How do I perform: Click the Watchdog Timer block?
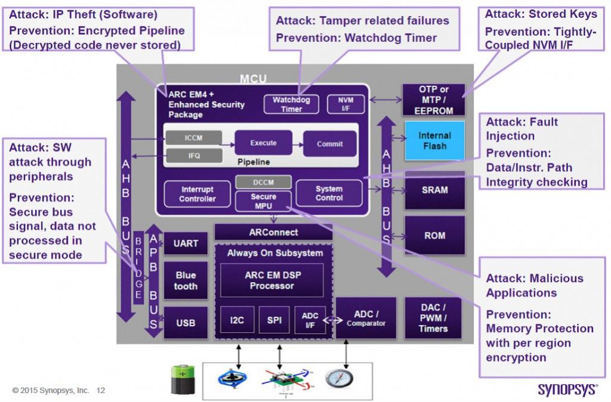click(x=291, y=104)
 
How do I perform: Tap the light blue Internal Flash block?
click(x=434, y=141)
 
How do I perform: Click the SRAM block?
click(x=434, y=190)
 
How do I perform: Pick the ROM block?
click(x=434, y=235)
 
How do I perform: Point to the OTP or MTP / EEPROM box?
click(x=434, y=100)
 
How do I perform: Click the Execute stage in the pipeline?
click(x=263, y=143)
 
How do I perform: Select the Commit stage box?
click(x=329, y=144)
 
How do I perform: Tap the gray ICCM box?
click(x=193, y=138)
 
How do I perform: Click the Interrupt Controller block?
click(x=197, y=194)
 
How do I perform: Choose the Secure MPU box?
click(x=263, y=200)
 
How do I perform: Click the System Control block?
click(x=329, y=193)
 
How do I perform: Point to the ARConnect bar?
click(x=273, y=232)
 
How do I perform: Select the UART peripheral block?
click(x=185, y=243)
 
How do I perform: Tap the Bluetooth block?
click(x=185, y=281)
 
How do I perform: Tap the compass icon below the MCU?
click(x=339, y=378)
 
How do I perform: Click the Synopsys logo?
click(x=567, y=389)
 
